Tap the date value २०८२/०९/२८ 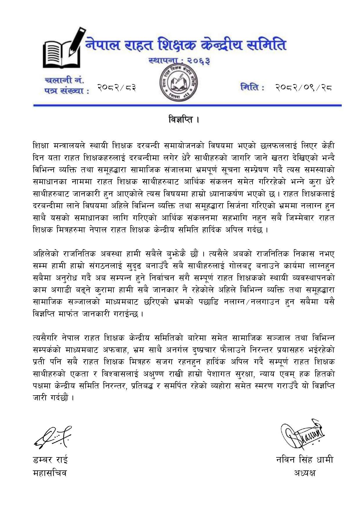tap(303, 87)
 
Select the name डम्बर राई tap(50, 460)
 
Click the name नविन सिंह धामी tap(304, 460)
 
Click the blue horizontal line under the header tap(187, 105)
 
